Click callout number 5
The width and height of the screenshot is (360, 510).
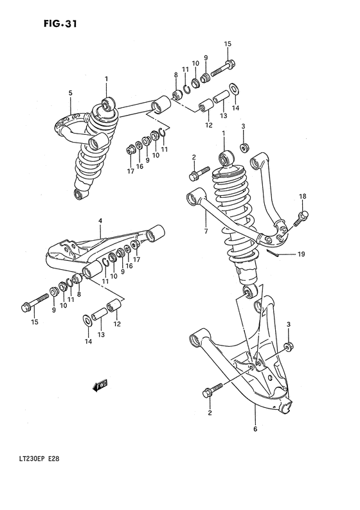pyautogui.click(x=71, y=93)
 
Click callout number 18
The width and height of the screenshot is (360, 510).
pyautogui.click(x=302, y=196)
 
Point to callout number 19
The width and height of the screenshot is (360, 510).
pyautogui.click(x=318, y=254)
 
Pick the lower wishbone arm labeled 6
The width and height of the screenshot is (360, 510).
pyautogui.click(x=251, y=379)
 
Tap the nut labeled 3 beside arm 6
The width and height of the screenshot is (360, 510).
pyautogui.click(x=289, y=347)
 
